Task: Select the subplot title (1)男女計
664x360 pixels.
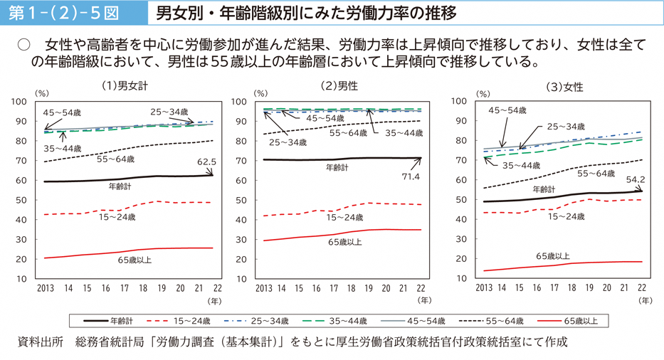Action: click(x=125, y=85)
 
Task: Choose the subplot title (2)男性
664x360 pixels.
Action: click(x=339, y=85)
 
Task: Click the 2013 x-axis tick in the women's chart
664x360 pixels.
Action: click(x=484, y=288)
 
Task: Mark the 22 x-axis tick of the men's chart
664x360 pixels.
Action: click(x=421, y=288)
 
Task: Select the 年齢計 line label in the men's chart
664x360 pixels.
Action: click(x=337, y=168)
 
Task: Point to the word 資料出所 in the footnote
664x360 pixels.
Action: click(x=38, y=342)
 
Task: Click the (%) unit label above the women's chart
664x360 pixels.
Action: click(x=483, y=93)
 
